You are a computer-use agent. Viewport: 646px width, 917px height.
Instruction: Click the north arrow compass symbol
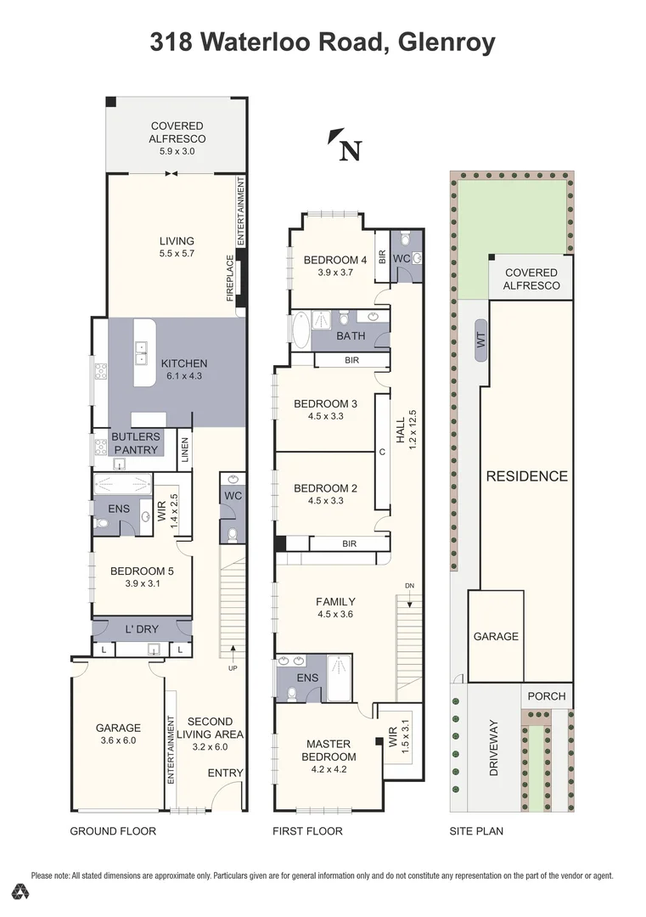[345, 145]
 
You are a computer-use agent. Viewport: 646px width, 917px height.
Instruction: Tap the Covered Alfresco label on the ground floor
[177, 132]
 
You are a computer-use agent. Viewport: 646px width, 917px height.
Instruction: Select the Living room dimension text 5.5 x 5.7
[177, 254]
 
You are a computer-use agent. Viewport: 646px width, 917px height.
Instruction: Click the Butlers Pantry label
[136, 443]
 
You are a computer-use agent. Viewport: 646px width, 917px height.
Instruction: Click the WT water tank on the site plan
[481, 340]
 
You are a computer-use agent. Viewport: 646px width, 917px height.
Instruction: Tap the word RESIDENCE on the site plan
[527, 476]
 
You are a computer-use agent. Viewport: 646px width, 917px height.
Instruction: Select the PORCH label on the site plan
[547, 696]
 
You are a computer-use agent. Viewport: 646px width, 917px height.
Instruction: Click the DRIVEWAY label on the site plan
[493, 748]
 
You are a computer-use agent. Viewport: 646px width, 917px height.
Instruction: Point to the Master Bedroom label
[329, 751]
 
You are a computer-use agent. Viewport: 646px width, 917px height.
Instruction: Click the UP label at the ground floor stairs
[233, 668]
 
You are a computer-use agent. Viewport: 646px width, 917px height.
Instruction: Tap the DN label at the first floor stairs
[409, 585]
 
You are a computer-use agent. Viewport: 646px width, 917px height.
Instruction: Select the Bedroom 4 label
[335, 260]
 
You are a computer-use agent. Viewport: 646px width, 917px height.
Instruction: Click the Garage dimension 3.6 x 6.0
[118, 740]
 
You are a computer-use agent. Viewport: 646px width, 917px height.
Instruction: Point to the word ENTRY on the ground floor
[225, 774]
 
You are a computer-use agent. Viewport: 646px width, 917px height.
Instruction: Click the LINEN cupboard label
[185, 451]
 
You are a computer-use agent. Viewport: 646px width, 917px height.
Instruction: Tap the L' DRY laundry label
[142, 629]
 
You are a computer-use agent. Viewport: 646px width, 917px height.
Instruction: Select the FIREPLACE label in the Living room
[230, 278]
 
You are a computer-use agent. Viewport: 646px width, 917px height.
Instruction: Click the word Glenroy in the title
[446, 42]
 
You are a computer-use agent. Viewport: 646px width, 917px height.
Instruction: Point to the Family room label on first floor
[335, 601]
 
